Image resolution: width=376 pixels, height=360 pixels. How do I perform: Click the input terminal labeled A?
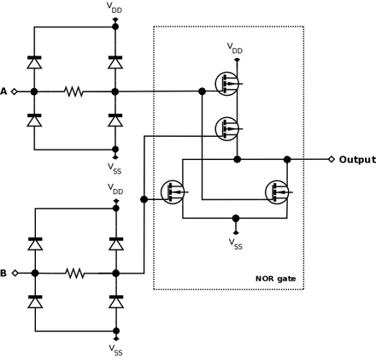(15, 91)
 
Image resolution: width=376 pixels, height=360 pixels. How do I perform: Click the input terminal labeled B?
(15, 273)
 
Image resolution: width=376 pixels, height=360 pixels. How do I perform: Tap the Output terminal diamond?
(332, 159)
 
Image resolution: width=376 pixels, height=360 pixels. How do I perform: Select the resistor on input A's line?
(74, 91)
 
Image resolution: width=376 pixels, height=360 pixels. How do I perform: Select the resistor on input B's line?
(75, 273)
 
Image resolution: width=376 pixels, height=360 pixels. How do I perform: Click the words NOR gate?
(275, 279)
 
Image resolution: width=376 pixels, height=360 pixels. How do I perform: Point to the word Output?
(357, 160)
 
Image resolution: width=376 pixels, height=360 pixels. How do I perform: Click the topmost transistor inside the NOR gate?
(227, 84)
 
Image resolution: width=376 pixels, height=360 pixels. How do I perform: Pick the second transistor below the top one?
(227, 129)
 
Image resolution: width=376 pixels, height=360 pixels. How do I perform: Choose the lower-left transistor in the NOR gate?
(173, 192)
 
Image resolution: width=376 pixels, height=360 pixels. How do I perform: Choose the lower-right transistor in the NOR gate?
(277, 192)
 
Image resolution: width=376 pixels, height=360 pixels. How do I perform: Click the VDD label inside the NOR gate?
(235, 48)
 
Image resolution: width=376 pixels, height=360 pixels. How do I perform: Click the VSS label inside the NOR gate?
(236, 244)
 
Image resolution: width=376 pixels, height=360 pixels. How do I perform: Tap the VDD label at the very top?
(115, 8)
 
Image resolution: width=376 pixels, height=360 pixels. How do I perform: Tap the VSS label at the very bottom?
(115, 350)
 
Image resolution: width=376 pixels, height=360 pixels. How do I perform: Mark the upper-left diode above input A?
(34, 62)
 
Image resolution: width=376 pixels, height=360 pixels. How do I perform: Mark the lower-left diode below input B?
(35, 302)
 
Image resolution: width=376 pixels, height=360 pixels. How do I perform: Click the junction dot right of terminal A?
(34, 91)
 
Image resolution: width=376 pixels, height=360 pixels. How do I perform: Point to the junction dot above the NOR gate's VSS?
(236, 218)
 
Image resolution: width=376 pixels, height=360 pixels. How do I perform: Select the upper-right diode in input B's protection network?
(116, 244)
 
